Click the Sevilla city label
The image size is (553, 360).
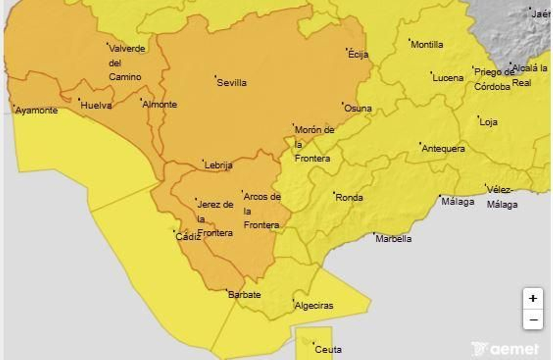click(x=232, y=83)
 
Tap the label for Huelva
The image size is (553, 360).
click(x=96, y=105)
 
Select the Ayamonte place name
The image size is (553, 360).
click(x=36, y=110)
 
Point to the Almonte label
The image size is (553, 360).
click(x=159, y=104)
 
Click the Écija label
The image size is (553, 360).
click(x=358, y=54)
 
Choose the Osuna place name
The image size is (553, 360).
click(x=358, y=108)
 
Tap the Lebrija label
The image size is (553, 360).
click(x=218, y=165)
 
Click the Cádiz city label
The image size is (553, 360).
click(x=188, y=237)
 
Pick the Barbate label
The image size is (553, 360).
click(x=244, y=295)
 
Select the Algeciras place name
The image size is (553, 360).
click(x=314, y=306)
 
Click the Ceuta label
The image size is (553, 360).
click(x=328, y=350)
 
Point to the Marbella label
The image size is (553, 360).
click(x=393, y=239)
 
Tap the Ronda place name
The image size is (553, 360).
click(x=349, y=198)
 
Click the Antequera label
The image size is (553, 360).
click(x=443, y=149)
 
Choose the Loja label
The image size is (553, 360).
click(x=488, y=122)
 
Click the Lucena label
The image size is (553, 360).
click(x=448, y=78)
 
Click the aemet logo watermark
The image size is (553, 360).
click(x=506, y=349)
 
